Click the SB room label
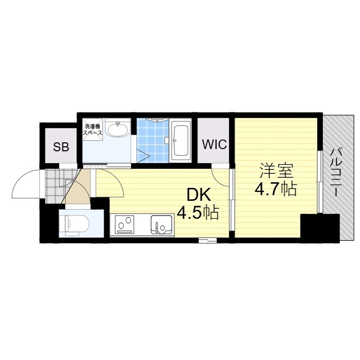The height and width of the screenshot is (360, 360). click(61, 147)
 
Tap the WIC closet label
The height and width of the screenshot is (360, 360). click(214, 145)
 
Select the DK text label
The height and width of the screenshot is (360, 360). click(199, 195)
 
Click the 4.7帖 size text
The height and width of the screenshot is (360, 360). click(276, 189)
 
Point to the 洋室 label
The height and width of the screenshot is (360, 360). click(276, 170)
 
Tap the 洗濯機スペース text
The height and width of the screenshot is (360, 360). click(92, 129)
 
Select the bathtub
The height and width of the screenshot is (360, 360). click(181, 141)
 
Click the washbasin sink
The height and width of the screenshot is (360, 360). click(118, 129)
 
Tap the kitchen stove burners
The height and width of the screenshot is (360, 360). click(125, 224)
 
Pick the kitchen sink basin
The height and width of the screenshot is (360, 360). click(161, 224)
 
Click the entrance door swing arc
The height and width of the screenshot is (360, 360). click(24, 183)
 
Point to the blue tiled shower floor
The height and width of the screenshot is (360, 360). click(150, 141)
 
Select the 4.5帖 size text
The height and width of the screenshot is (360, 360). click(198, 213)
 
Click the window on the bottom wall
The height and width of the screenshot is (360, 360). click(208, 240)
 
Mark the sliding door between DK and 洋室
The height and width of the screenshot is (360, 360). click(232, 200)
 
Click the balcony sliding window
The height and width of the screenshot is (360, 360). click(320, 181)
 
